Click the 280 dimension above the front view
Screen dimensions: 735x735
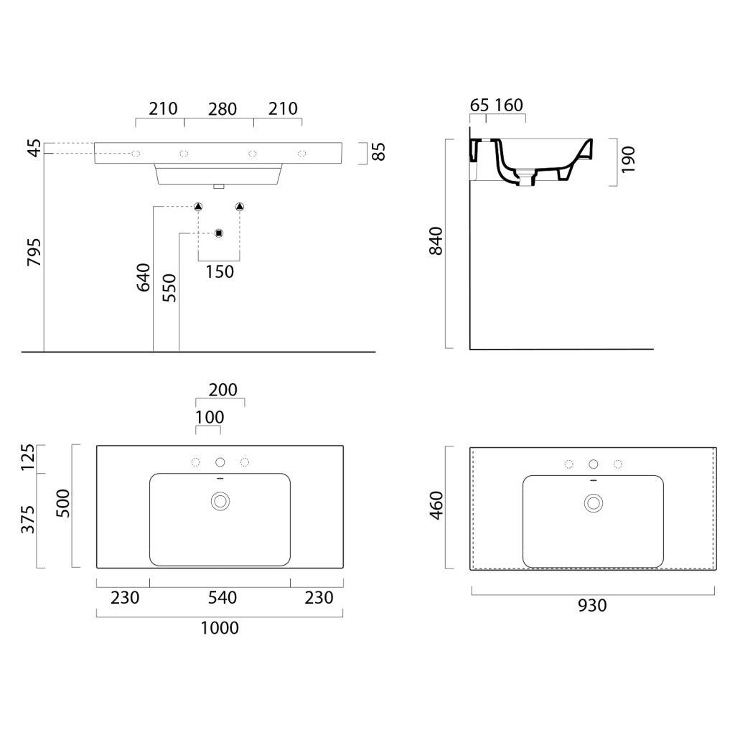pyautogui.click(x=223, y=109)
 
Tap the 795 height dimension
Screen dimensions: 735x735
pyautogui.click(x=33, y=252)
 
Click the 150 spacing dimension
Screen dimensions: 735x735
pyautogui.click(x=220, y=271)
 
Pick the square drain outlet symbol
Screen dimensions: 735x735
pyautogui.click(x=220, y=233)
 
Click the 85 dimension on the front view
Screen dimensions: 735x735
pyautogui.click(x=379, y=152)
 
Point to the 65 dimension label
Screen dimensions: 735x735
pyautogui.click(x=479, y=106)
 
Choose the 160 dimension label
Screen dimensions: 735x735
pyautogui.click(x=508, y=106)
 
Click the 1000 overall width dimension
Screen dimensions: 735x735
pyautogui.click(x=220, y=629)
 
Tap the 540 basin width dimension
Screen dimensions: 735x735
pyautogui.click(x=220, y=597)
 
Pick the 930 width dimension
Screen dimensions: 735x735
pyautogui.click(x=592, y=606)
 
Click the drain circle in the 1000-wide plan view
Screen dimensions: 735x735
pyautogui.click(x=220, y=500)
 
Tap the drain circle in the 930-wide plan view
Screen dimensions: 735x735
pyautogui.click(x=593, y=502)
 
